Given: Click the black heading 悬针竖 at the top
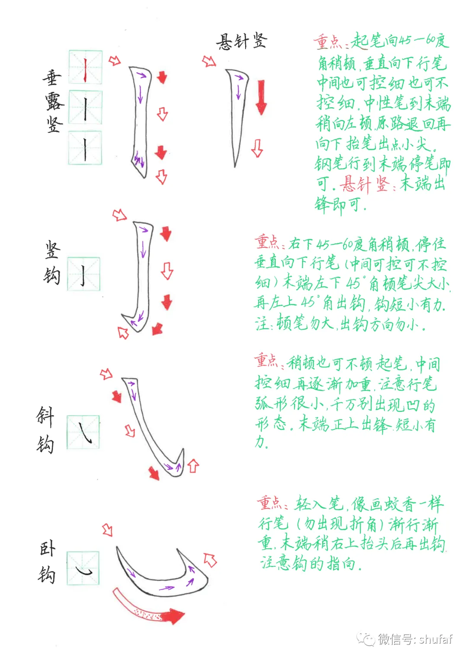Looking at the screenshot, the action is [x=242, y=42].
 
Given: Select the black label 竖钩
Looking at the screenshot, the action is [x=52, y=263].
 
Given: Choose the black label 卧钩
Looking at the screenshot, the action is [x=47, y=562].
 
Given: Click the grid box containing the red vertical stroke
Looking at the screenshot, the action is [x=85, y=67].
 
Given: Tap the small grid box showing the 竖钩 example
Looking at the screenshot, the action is [x=83, y=274].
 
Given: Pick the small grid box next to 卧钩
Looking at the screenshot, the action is [x=83, y=568].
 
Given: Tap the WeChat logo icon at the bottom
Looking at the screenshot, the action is [x=366, y=639].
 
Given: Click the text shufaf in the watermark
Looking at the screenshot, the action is [x=435, y=639].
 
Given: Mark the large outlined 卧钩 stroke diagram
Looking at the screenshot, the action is [x=162, y=571].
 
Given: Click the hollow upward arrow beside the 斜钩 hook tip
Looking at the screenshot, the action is [x=193, y=466].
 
